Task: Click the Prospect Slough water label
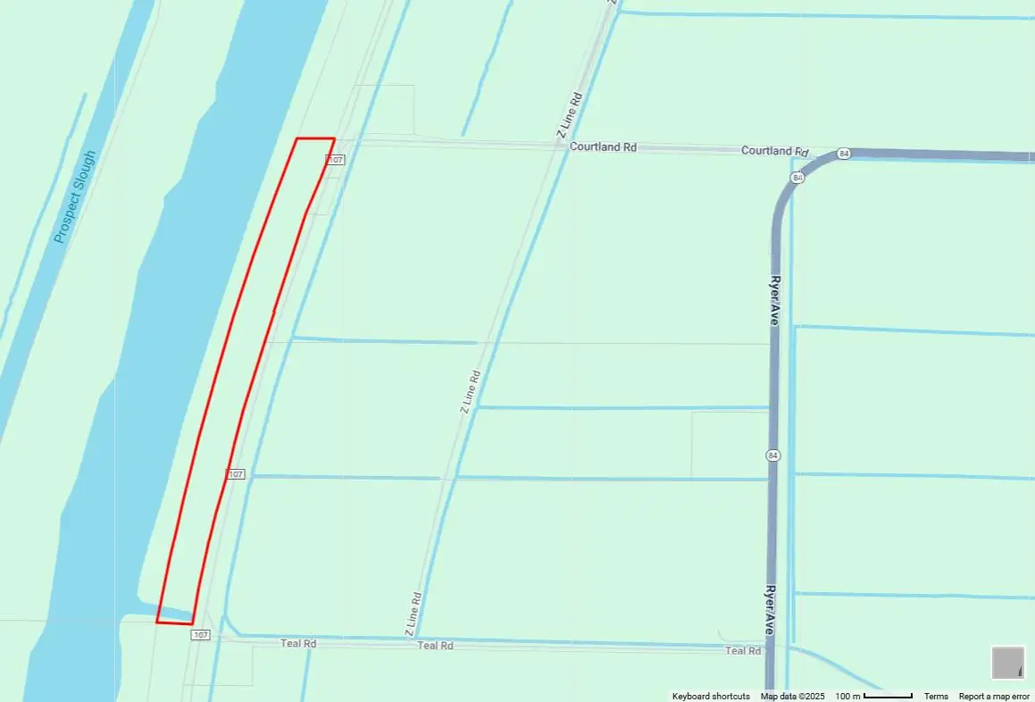tap(74, 196)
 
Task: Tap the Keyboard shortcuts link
tap(711, 697)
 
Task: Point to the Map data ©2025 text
tap(793, 697)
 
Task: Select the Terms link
tap(936, 697)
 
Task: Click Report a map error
tap(994, 697)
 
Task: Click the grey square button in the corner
tap(1008, 663)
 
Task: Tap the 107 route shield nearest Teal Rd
tap(200, 635)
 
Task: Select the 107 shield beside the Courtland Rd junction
tap(335, 160)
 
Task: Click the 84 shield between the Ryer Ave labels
tap(772, 455)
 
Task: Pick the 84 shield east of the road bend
tap(845, 154)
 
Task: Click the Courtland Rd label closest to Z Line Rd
tap(603, 146)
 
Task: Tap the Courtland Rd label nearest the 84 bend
tap(774, 151)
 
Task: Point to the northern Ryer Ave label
tap(774, 299)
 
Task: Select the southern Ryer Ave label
tap(770, 611)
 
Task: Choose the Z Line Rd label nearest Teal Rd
tap(413, 614)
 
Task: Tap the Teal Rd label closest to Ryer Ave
tap(743, 651)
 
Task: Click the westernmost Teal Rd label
tap(298, 643)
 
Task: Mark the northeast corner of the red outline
tap(334, 138)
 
